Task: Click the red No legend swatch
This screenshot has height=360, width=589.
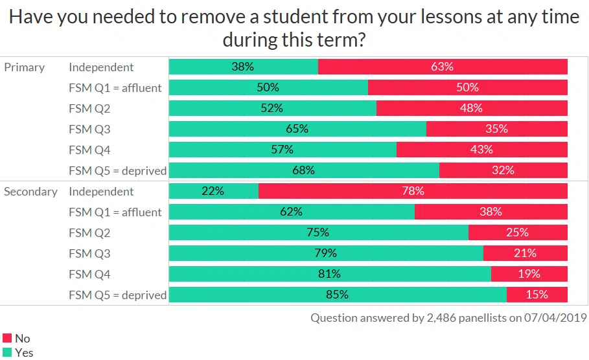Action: pyautogui.click(x=8, y=338)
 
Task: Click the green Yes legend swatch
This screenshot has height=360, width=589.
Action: pyautogui.click(x=8, y=352)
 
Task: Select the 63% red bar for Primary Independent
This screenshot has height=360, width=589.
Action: pyautogui.click(x=443, y=67)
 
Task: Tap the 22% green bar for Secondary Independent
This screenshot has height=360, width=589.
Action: pyautogui.click(x=213, y=191)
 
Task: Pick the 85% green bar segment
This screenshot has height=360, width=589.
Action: pyautogui.click(x=338, y=295)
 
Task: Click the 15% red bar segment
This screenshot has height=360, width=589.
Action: pyautogui.click(x=537, y=295)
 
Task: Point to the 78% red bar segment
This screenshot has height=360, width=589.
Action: pyautogui.click(x=413, y=191)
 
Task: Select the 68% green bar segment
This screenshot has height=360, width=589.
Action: pyautogui.click(x=304, y=170)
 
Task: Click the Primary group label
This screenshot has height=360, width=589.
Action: pyautogui.click(x=25, y=67)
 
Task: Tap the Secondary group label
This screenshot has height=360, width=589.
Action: pyautogui.click(x=30, y=191)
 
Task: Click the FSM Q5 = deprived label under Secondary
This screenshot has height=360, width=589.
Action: pyautogui.click(x=117, y=295)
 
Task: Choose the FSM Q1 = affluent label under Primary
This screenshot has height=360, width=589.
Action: pyautogui.click(x=115, y=87)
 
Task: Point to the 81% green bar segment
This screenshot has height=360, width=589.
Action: pyautogui.click(x=330, y=274)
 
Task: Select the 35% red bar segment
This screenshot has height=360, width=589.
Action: pyautogui.click(x=496, y=129)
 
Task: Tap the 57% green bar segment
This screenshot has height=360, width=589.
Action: pyautogui.click(x=283, y=150)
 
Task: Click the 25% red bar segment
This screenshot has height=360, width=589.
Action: pyautogui.click(x=518, y=232)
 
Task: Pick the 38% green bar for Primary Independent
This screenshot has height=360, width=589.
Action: pyautogui.click(x=243, y=67)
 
